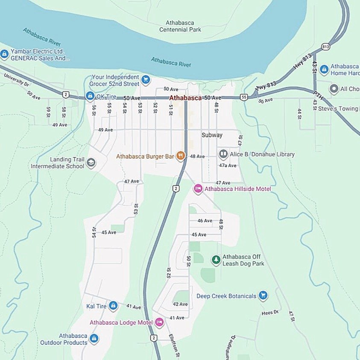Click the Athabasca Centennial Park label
(x=180, y=26)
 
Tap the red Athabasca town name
(x=185, y=98)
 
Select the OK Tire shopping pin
(x=90, y=96)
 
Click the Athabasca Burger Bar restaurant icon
(x=181, y=156)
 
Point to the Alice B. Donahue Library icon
(x=223, y=154)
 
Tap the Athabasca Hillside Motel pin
(x=198, y=189)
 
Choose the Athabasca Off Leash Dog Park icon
(x=216, y=260)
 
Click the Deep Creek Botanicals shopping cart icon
(x=263, y=296)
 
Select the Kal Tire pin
(x=113, y=306)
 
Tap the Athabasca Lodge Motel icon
(x=159, y=322)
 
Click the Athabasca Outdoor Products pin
(x=94, y=339)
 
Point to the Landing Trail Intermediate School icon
(x=91, y=163)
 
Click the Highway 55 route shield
(x=243, y=97)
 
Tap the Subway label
(x=212, y=135)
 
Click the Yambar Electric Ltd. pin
(x=4, y=54)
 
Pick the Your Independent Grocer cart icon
(x=146, y=80)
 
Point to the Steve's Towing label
(x=338, y=108)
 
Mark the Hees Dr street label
(x=270, y=313)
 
